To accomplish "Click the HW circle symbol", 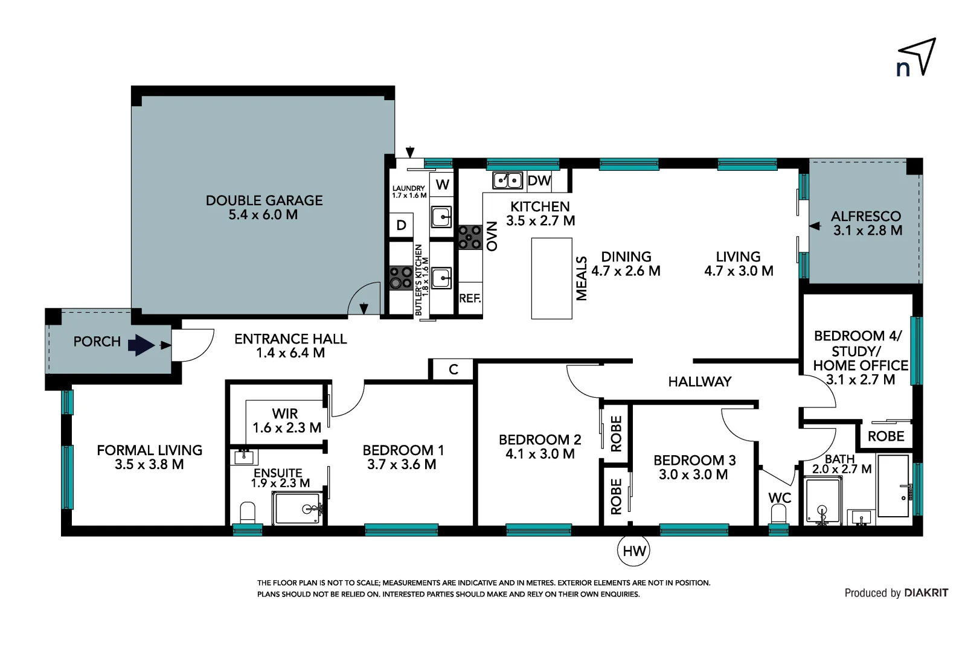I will coord(633,550).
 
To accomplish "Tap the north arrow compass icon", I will coord(917,58).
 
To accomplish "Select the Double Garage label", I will coord(264,207).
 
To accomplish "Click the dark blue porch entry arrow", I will coord(141,345).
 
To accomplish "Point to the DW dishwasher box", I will coord(539,181).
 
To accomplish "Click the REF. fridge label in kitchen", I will coord(470,298).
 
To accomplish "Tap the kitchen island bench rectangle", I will coord(551,278).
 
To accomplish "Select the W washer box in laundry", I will coord(443,184).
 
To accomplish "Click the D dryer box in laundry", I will coord(402,226).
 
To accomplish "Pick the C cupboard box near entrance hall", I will coord(453,369).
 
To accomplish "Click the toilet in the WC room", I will coord(779,515).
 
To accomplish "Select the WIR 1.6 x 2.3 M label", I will coord(286,421).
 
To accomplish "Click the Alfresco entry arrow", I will coord(815,226).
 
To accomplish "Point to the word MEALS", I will coord(582,278).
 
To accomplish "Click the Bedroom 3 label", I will coord(694,467).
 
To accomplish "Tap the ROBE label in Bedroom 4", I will coord(886,436).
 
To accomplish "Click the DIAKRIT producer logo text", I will coord(926,593).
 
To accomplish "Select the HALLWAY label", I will coord(699,382).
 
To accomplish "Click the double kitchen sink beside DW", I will coord(508,180).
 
